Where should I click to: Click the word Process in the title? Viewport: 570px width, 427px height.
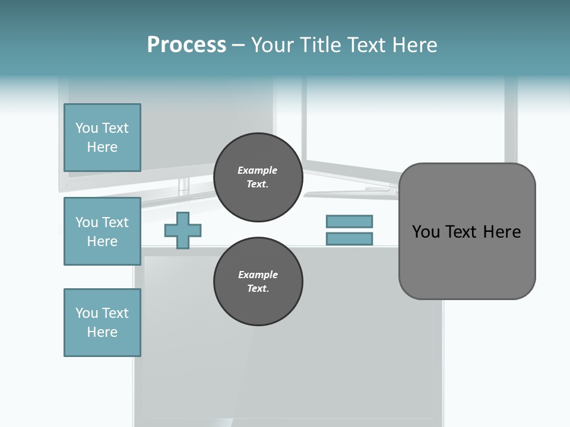pos(186,45)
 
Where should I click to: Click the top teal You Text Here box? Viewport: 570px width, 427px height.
pos(102,138)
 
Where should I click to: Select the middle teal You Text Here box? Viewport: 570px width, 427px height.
pos(102,231)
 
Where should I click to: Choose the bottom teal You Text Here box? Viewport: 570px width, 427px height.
pos(102,323)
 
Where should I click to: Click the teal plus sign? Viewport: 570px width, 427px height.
pos(183,230)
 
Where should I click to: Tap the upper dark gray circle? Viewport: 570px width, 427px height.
pos(258,177)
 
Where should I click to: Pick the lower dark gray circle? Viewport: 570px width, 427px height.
pos(258,282)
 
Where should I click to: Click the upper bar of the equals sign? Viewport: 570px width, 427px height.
pos(349,221)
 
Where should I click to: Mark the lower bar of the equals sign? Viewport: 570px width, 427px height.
pos(349,239)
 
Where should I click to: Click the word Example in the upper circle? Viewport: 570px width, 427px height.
pos(258,170)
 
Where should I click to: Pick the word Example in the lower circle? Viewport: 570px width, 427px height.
pos(258,275)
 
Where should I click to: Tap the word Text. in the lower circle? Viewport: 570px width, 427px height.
pos(258,289)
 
